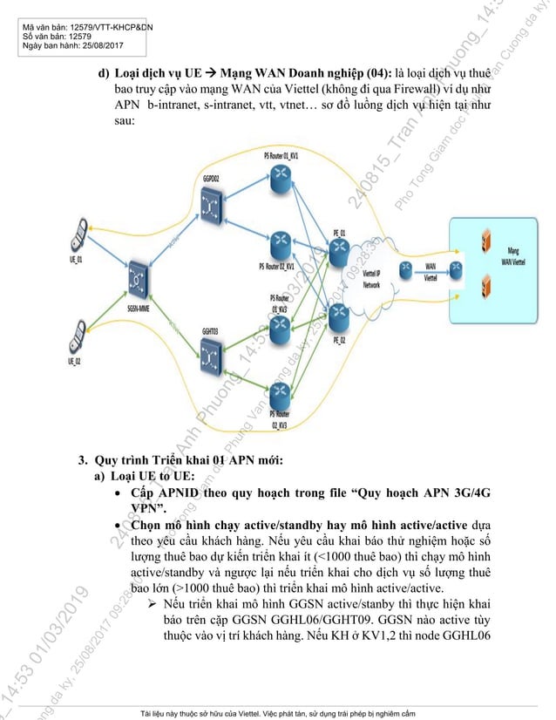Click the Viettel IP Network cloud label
pyautogui.click(x=372, y=280)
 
